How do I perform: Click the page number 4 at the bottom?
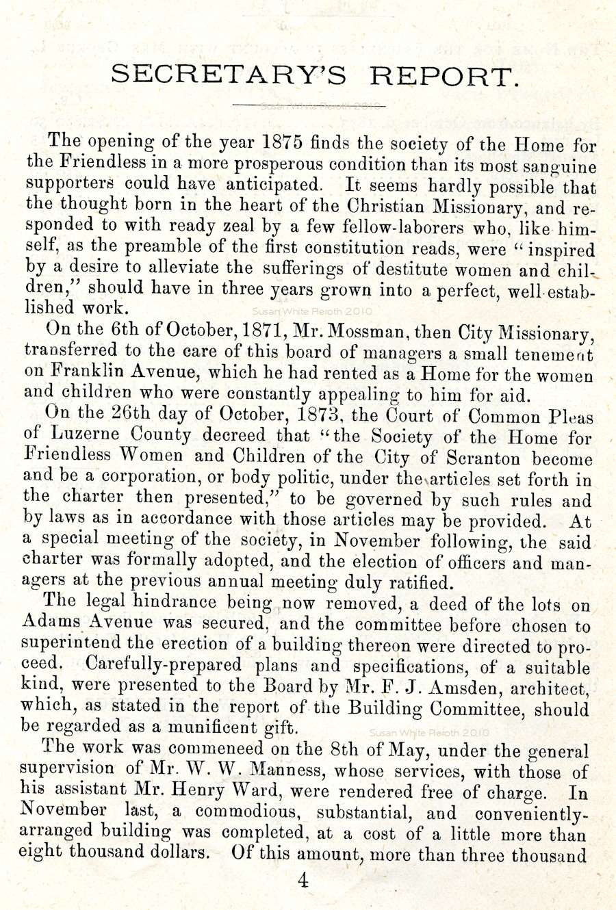pyautogui.click(x=303, y=880)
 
